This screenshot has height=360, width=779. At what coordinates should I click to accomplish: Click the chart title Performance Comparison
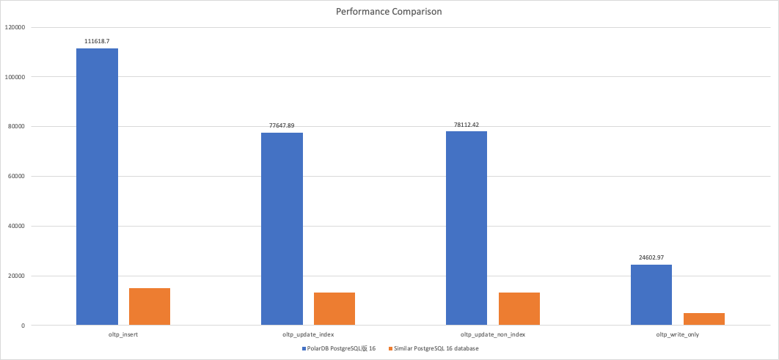(389, 12)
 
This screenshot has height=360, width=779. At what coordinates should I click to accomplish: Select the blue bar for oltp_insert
(97, 187)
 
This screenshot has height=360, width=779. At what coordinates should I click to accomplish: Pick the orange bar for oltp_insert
(150, 306)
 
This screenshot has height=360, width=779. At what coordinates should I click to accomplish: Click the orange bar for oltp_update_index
(334, 309)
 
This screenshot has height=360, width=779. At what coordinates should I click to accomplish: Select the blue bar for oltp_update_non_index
(467, 228)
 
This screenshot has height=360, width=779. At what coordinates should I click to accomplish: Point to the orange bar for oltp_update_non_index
(519, 309)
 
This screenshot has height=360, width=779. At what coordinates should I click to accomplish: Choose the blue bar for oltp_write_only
(651, 295)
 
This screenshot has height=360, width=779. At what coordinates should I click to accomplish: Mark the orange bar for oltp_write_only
(704, 319)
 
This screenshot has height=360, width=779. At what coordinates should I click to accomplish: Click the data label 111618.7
(97, 41)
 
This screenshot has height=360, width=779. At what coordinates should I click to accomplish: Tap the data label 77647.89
(282, 125)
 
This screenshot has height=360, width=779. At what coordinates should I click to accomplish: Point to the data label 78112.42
(467, 125)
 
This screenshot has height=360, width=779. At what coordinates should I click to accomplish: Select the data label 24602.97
(651, 257)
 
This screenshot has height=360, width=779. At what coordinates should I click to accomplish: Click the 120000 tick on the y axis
(15, 27)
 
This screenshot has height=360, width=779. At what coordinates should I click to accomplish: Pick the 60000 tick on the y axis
(17, 176)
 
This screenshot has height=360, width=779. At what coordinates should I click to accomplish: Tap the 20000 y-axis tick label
(17, 276)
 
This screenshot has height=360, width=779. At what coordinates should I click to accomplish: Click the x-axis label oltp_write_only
(677, 334)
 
